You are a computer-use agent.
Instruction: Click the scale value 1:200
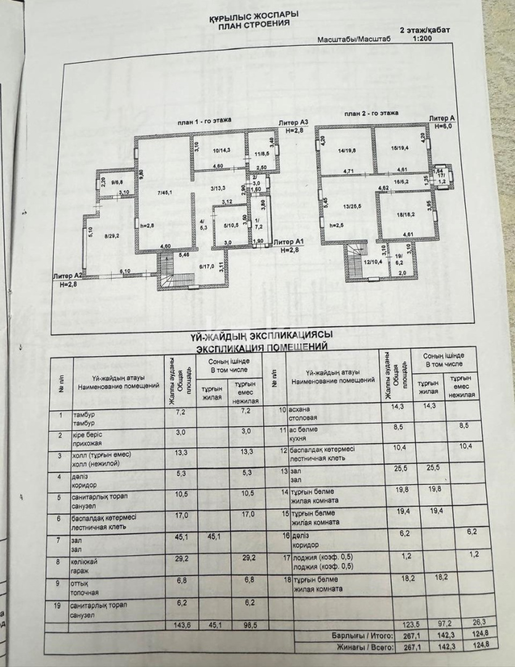(x=421, y=37)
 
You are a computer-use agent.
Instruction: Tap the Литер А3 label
(x=293, y=123)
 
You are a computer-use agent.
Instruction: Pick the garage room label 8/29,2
(x=111, y=235)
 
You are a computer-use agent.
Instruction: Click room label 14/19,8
(x=347, y=149)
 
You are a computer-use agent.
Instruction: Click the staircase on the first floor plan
(x=167, y=271)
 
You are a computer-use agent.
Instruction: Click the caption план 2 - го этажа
(x=371, y=114)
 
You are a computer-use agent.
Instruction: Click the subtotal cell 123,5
(x=403, y=623)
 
